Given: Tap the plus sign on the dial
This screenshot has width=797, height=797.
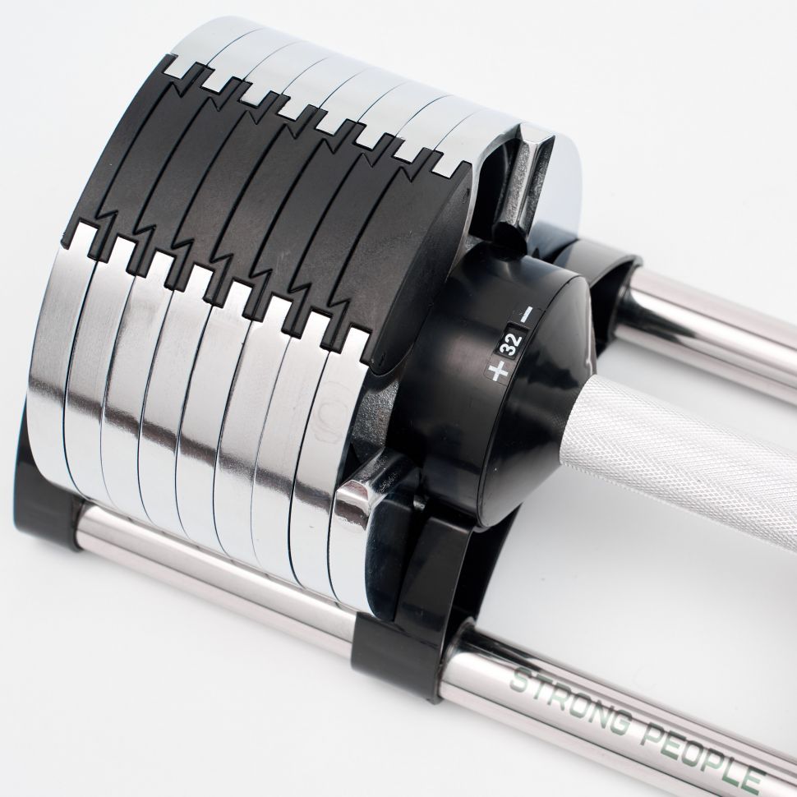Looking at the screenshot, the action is pos(498,370).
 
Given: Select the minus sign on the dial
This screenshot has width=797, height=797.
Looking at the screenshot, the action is pos(525,315).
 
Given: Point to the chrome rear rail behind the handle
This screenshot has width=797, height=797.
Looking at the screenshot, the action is pos(712,325).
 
